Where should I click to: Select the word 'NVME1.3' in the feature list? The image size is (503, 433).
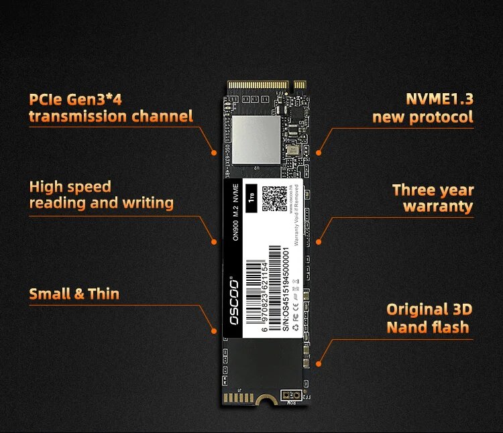[439, 99]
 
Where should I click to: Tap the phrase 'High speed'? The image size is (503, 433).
[70, 186]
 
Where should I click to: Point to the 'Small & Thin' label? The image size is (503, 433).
[74, 294]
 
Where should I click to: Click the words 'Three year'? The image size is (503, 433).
[433, 190]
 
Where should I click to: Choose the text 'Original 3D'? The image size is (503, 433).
[429, 310]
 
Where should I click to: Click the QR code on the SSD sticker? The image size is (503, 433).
[275, 200]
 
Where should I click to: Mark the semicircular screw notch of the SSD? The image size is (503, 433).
[266, 401]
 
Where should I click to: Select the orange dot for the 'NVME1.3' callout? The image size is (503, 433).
[319, 153]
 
